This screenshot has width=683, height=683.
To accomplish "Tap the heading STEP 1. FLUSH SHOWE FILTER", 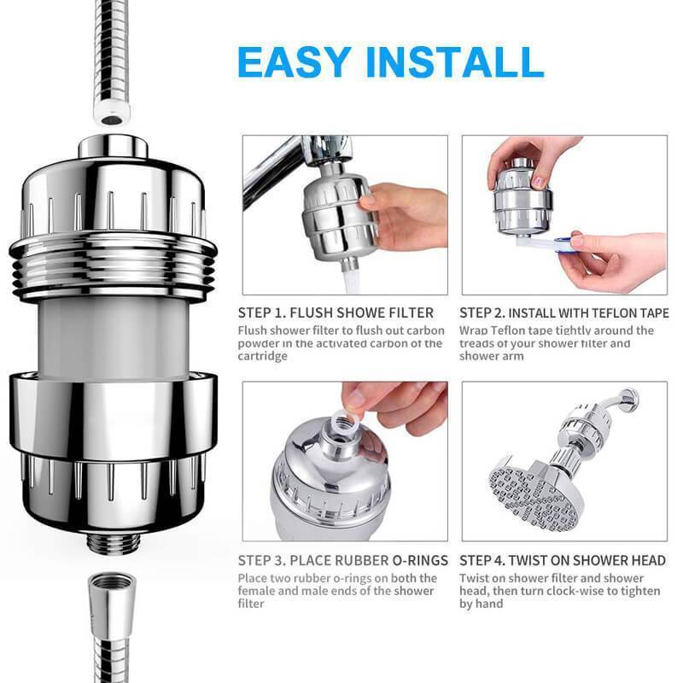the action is point(336,312).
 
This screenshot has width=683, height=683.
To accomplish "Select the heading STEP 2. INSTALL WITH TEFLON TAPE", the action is point(564,312).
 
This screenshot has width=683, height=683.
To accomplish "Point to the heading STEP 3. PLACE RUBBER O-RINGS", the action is point(343,560).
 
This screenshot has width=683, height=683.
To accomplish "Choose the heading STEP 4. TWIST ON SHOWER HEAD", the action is point(563,560).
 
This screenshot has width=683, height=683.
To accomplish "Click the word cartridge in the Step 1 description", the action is point(263,356).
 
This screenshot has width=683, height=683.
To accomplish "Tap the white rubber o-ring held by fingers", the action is point(344,420).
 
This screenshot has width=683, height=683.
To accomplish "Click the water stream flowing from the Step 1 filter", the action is point(352,282).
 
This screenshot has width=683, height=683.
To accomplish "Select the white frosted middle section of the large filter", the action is point(114,336).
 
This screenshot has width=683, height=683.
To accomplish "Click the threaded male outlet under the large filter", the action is point(114,543).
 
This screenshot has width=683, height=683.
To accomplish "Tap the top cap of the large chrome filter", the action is point(114,146).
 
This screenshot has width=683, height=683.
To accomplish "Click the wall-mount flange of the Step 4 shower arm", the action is point(629,400).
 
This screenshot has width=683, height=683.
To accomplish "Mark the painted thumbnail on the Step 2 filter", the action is point(540,181).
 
